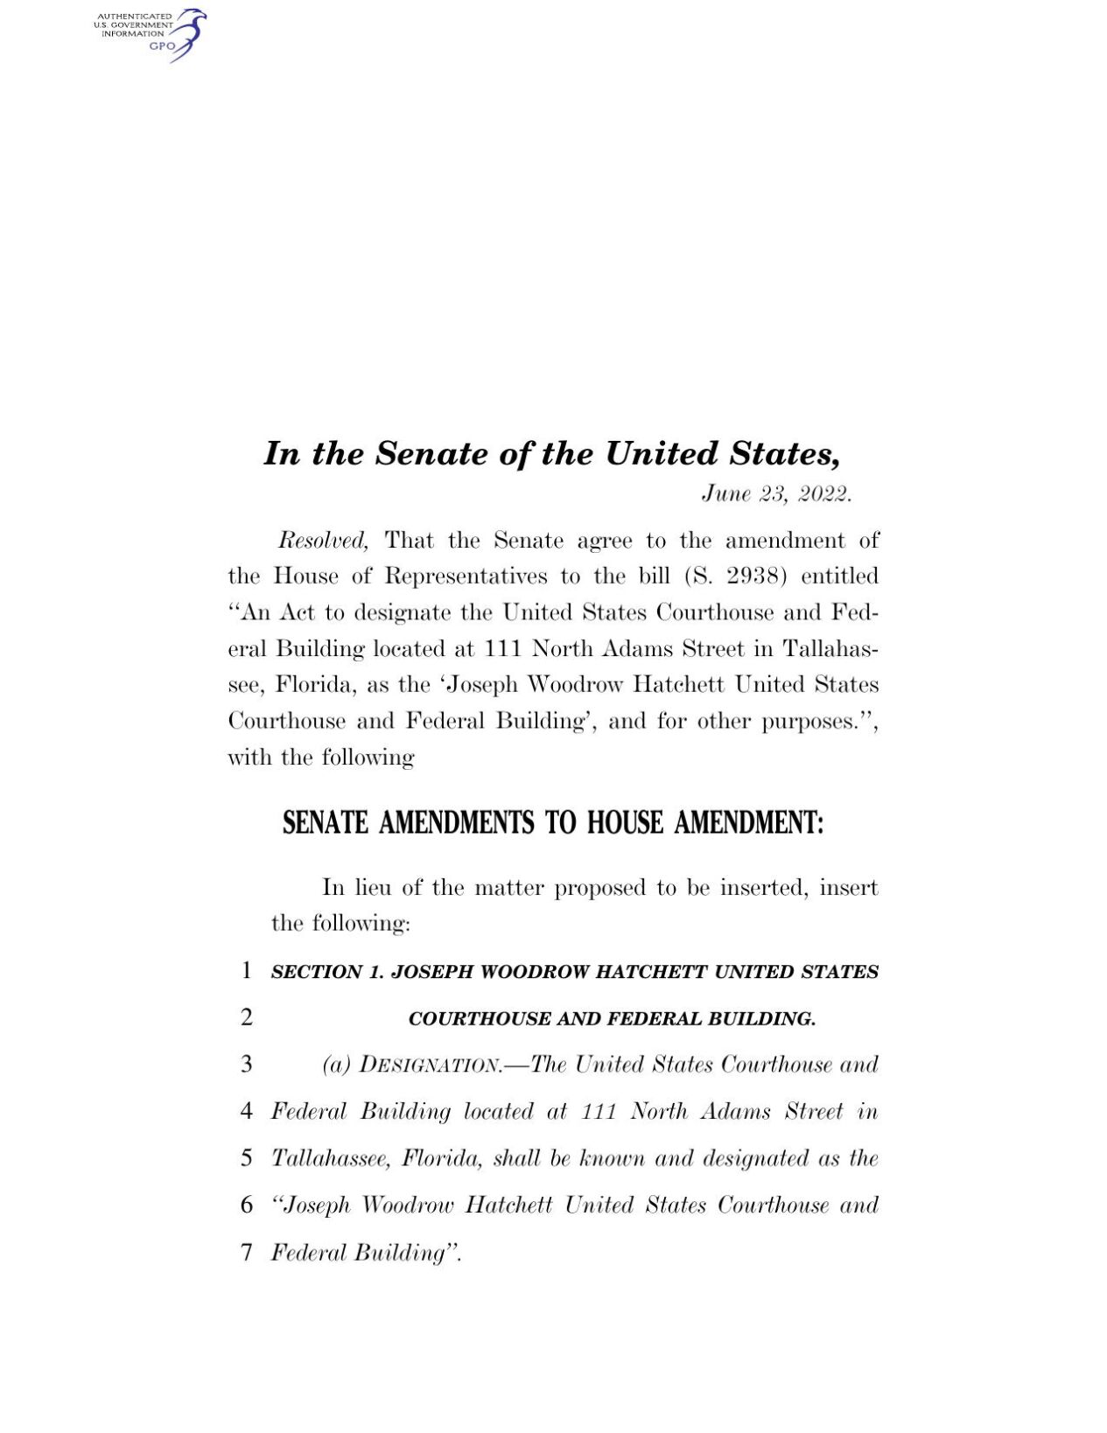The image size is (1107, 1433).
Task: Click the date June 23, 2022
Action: pyautogui.click(x=775, y=494)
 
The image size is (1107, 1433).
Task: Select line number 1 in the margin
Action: pyautogui.click(x=247, y=970)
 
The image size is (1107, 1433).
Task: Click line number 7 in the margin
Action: pyautogui.click(x=247, y=1252)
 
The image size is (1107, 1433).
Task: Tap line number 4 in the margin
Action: pyautogui.click(x=247, y=1111)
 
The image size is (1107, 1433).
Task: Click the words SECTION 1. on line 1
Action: pyautogui.click(x=327, y=972)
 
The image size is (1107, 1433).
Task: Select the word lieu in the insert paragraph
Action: pyautogui.click(x=373, y=887)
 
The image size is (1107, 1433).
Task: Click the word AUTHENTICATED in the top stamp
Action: pyautogui.click(x=134, y=17)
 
